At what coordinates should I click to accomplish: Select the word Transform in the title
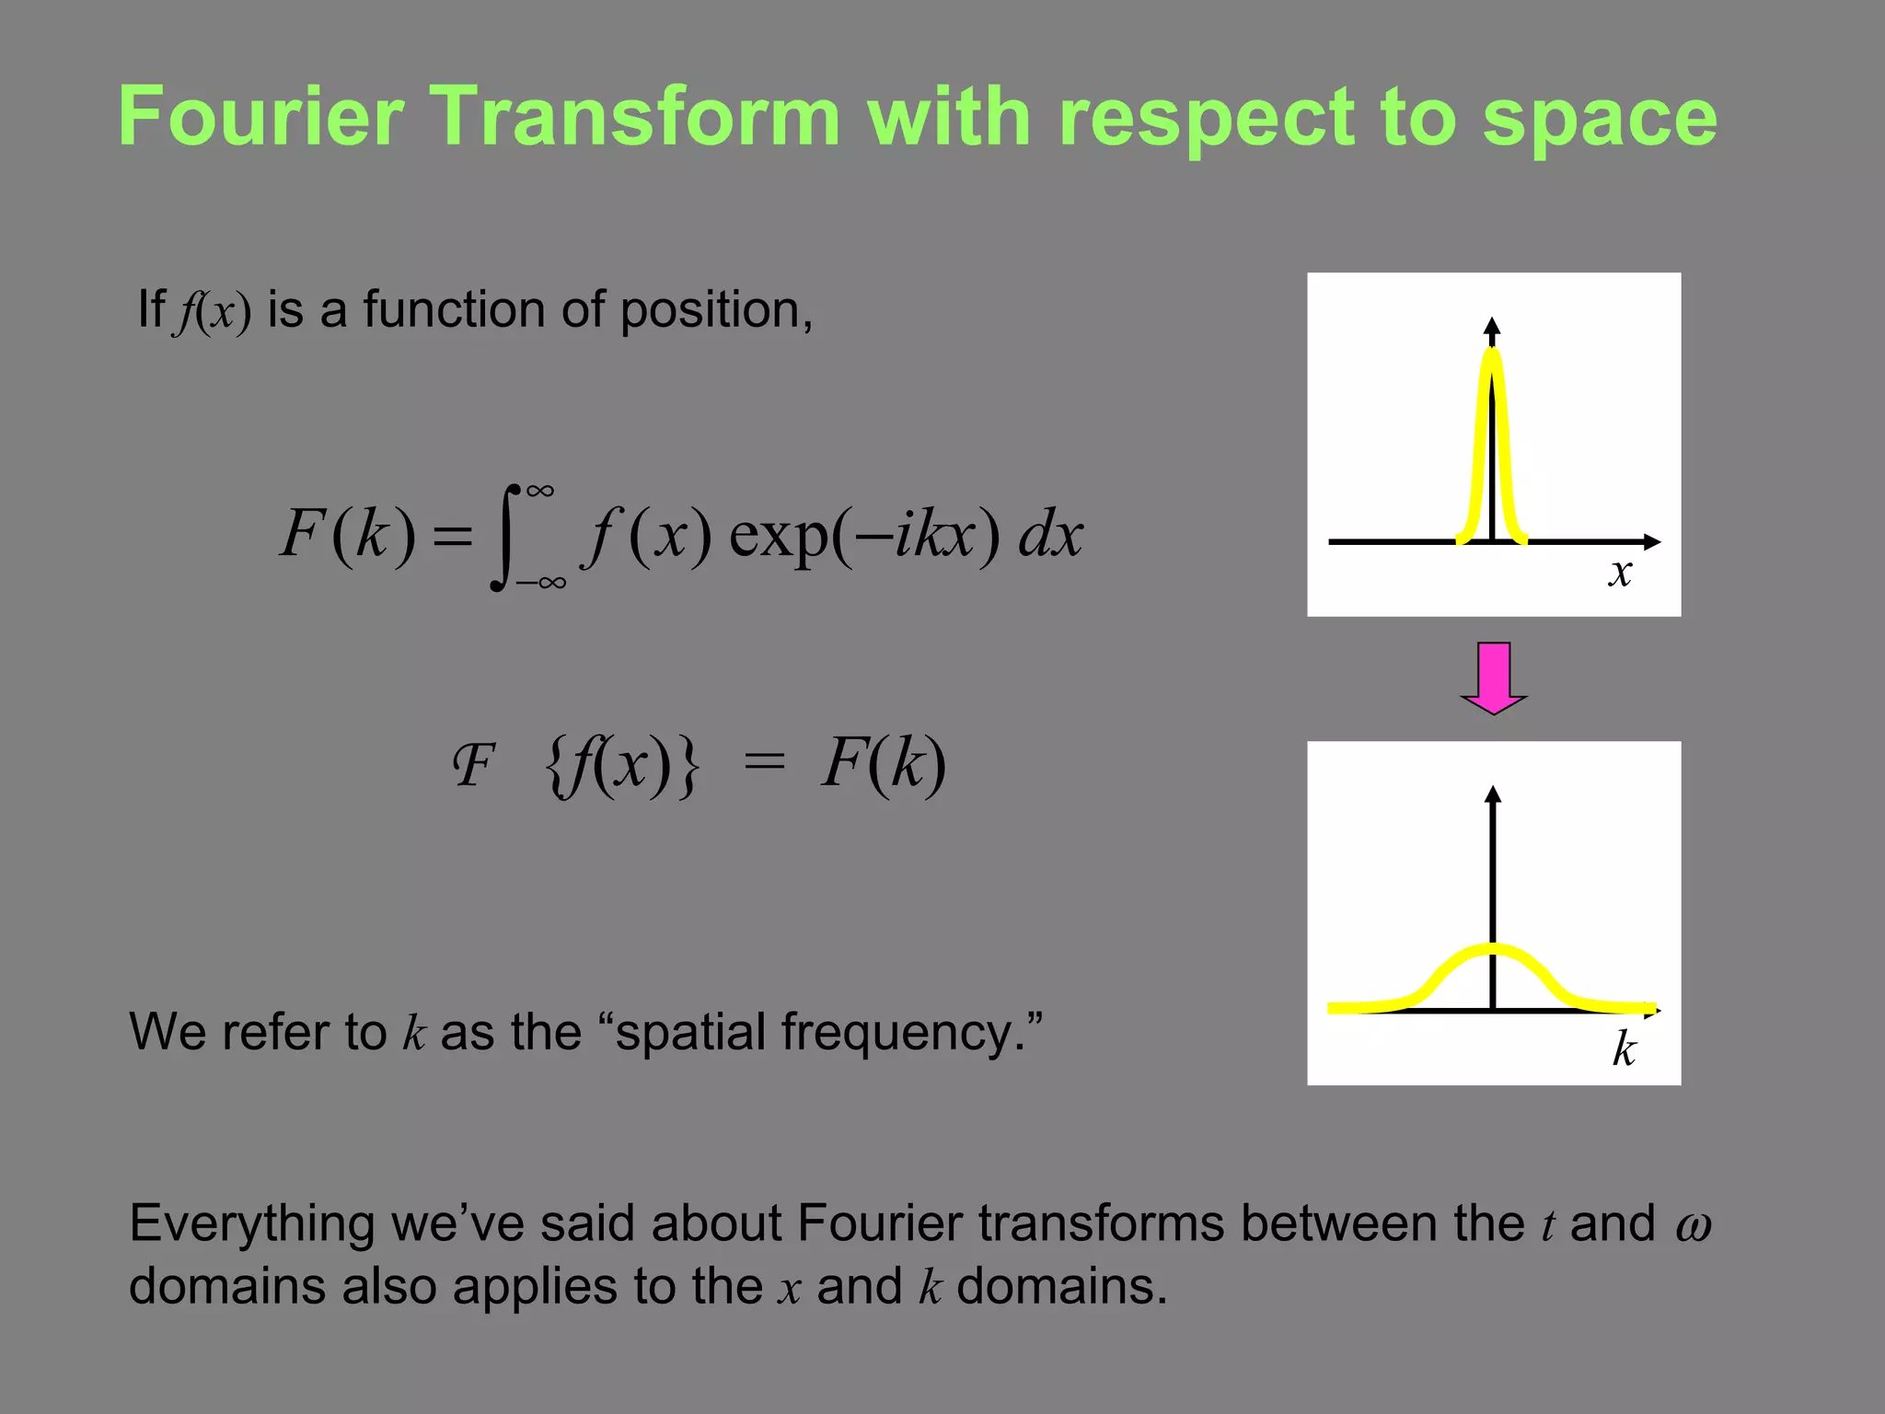coord(636,117)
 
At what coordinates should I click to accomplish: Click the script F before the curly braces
coord(474,765)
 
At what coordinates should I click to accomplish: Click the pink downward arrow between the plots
coord(1494,678)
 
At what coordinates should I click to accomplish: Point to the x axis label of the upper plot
coord(1620,573)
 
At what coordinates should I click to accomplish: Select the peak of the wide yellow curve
coord(1493,949)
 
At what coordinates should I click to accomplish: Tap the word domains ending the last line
coord(1060,1286)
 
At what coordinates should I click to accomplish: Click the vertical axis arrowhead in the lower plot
coord(1493,794)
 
